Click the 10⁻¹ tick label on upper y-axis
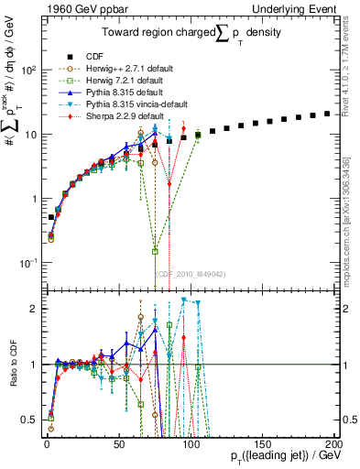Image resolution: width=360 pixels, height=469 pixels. (27, 263)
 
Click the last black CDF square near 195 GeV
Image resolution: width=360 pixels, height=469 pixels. (328, 114)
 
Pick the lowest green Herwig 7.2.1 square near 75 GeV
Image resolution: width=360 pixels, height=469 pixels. (155, 251)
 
